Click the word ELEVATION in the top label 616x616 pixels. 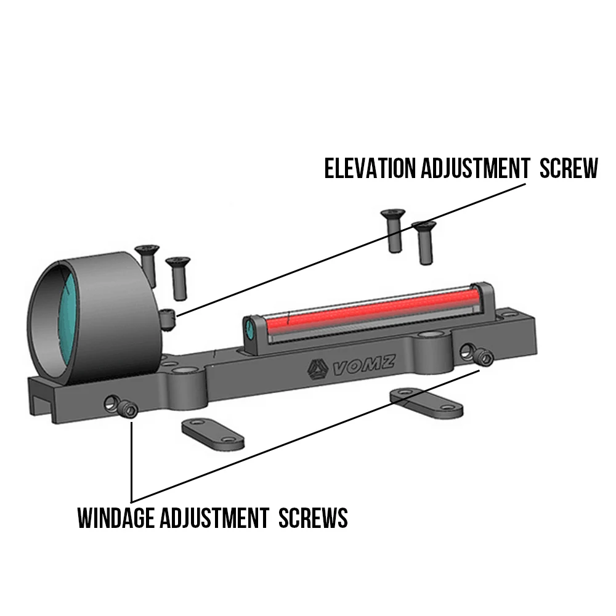[370, 169]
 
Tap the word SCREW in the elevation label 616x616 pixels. [569, 169]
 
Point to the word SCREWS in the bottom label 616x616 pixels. [313, 518]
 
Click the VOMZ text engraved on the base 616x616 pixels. [364, 365]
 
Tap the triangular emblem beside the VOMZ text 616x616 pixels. [317, 369]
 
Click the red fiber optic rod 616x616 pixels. [371, 310]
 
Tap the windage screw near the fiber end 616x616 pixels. [484, 357]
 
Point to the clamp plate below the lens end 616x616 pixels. [213, 434]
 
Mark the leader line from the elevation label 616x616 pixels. [351, 249]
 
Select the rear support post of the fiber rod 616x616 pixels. [482, 301]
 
